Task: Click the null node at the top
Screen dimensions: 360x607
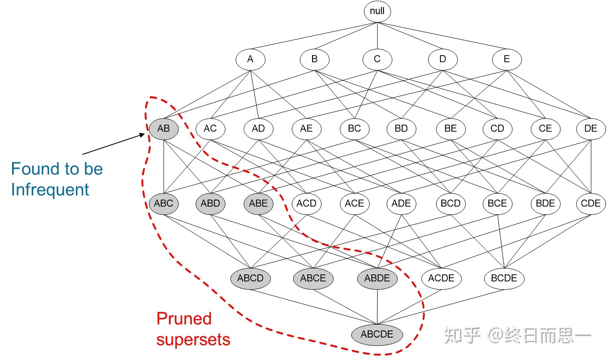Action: pyautogui.click(x=377, y=11)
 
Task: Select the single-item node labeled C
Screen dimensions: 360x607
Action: pyautogui.click(x=377, y=59)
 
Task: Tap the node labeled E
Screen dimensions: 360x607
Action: pyautogui.click(x=506, y=59)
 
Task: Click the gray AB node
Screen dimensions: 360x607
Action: pyautogui.click(x=164, y=129)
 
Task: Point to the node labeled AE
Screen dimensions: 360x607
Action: pyautogui.click(x=306, y=129)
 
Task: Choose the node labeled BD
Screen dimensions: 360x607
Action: pyautogui.click(x=401, y=129)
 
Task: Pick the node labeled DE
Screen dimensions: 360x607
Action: pyautogui.click(x=590, y=129)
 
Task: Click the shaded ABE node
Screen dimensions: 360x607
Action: pyautogui.click(x=258, y=204)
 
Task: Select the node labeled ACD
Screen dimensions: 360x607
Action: pyautogui.click(x=306, y=204)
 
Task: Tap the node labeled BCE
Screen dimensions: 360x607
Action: pyautogui.click(x=497, y=204)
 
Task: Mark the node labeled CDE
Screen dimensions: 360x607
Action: pyautogui.click(x=590, y=204)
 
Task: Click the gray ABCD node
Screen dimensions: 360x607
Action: pyautogui.click(x=250, y=278)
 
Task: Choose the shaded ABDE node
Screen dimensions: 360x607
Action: pyautogui.click(x=377, y=278)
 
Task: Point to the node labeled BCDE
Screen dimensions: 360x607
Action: pyautogui.click(x=504, y=278)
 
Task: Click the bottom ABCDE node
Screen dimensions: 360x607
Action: pyautogui.click(x=377, y=334)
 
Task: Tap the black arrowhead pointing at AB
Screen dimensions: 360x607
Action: pyautogui.click(x=142, y=135)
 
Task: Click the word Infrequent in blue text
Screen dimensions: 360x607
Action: pyautogui.click(x=50, y=190)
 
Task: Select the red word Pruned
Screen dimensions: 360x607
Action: pyautogui.click(x=184, y=319)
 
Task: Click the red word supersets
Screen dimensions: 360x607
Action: pyautogui.click(x=193, y=340)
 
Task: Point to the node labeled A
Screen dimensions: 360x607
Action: pyautogui.click(x=250, y=59)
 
